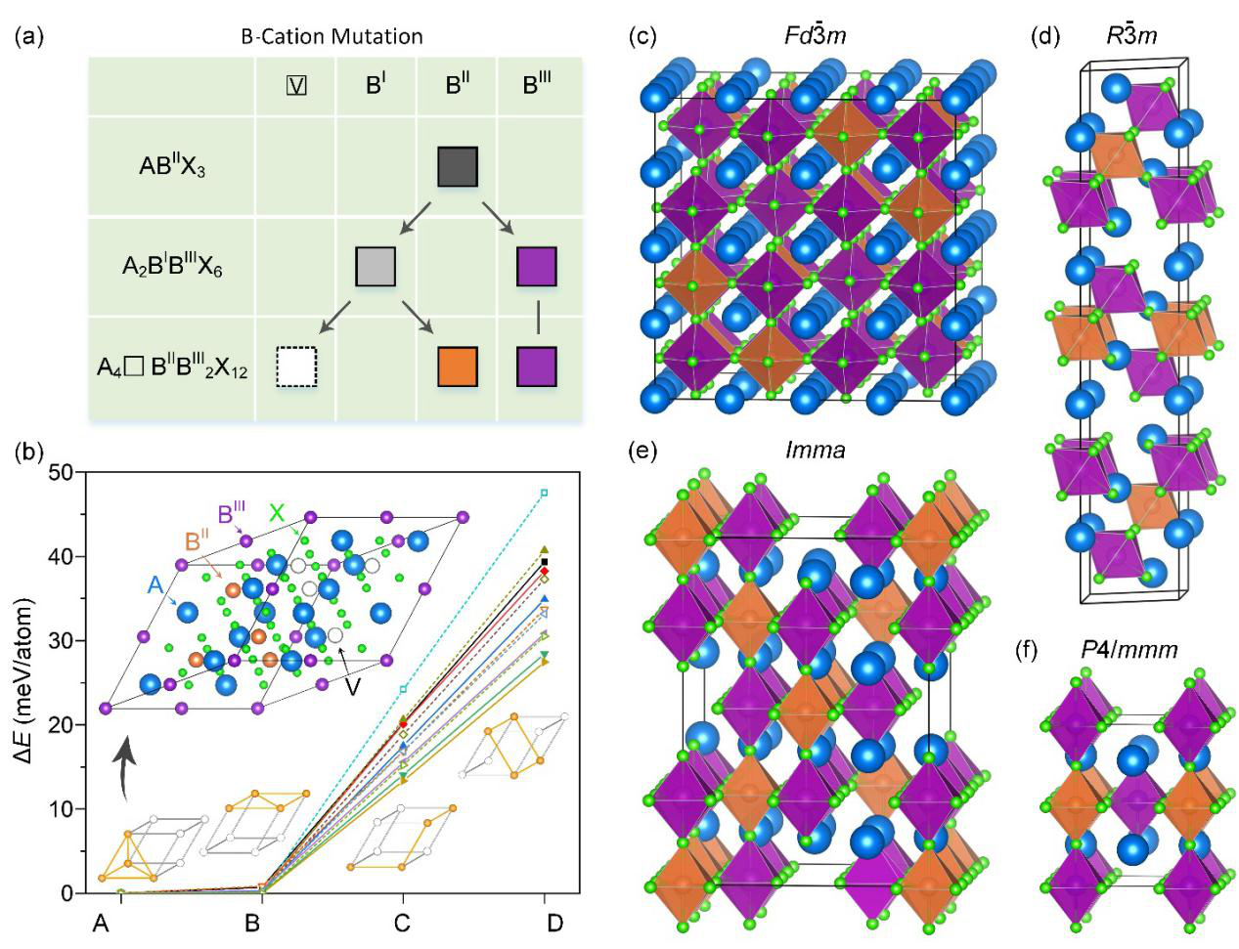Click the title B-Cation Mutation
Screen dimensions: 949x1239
(332, 37)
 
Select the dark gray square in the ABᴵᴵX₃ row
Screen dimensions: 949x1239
(457, 167)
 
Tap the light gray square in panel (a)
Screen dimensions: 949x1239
(376, 267)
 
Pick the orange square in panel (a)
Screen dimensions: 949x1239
(457, 367)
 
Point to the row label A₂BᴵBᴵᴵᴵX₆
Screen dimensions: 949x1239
(172, 267)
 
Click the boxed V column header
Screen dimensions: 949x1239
(296, 85)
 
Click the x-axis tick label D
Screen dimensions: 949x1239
(555, 922)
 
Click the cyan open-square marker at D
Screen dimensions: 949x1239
(545, 493)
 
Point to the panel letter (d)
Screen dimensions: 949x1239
(1045, 37)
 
